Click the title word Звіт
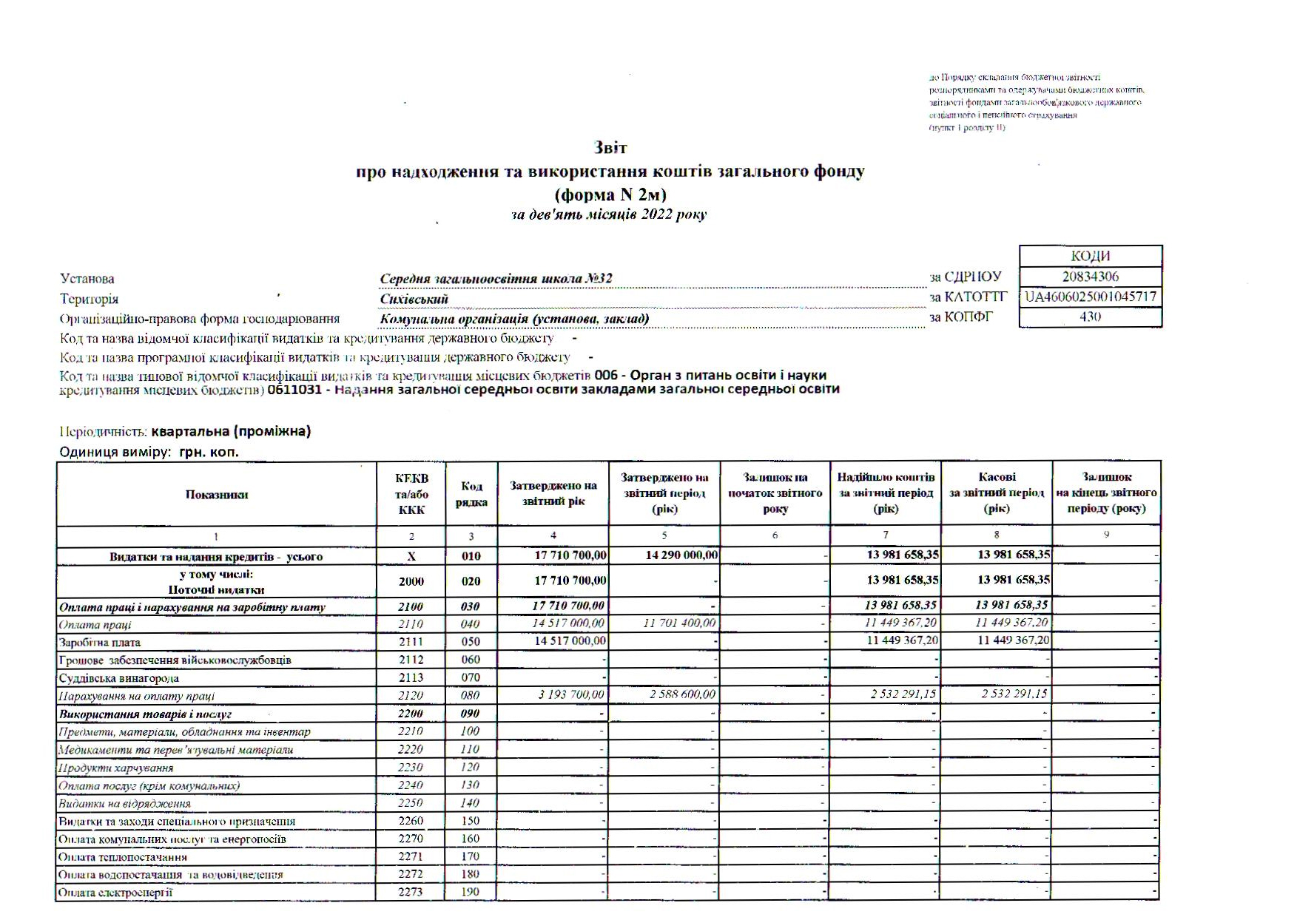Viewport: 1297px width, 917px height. tap(610, 147)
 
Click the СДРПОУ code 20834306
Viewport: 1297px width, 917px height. tap(1090, 277)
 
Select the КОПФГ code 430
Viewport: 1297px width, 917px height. tap(1090, 317)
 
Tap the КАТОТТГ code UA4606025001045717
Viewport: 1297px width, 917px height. tap(1090, 297)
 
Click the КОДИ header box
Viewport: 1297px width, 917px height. tap(1090, 256)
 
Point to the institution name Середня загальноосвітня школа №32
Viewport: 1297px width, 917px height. tap(496, 279)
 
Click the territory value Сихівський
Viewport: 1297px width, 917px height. tap(414, 300)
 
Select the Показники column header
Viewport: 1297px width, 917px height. tap(216, 495)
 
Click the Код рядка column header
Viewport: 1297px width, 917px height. tap(471, 495)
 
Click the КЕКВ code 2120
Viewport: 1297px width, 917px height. tap(411, 695)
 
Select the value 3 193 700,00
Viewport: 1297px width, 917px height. tap(568, 694)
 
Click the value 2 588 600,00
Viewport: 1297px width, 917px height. tap(679, 694)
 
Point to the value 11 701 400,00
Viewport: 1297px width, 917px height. tap(679, 623)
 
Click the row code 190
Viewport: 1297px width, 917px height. tap(471, 892)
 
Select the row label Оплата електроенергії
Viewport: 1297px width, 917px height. tap(115, 893)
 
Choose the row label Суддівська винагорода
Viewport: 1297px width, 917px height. tap(118, 678)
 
